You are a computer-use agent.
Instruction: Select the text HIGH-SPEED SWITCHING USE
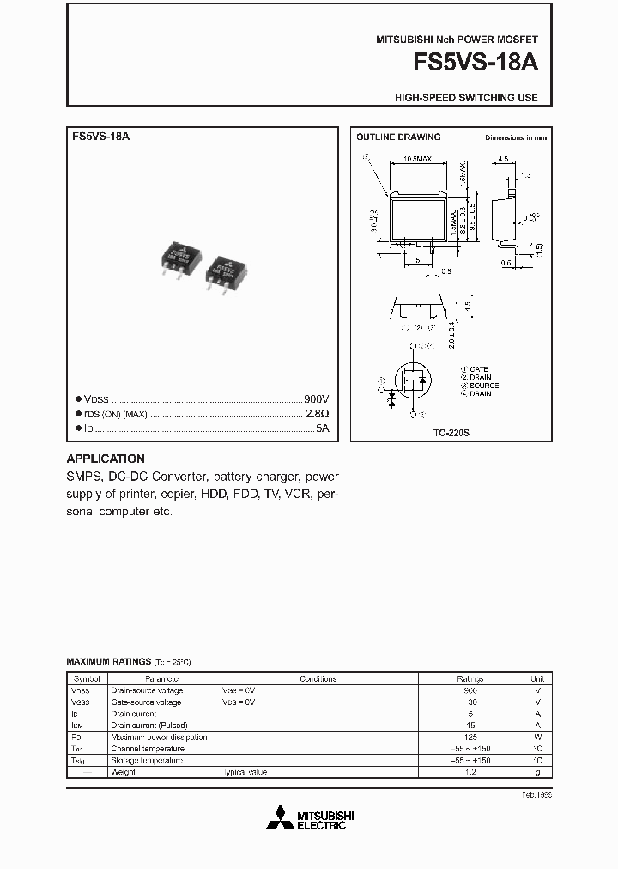[466, 98]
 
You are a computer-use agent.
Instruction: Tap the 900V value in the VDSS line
[317, 399]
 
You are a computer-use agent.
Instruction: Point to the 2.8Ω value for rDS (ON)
[318, 413]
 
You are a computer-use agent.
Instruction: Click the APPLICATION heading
[106, 459]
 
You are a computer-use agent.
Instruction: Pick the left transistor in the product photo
[182, 259]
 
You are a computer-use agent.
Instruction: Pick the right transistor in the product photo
[227, 272]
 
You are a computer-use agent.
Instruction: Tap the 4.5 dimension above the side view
[503, 159]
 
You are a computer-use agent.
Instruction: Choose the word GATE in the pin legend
[480, 369]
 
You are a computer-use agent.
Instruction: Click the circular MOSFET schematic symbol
[414, 380]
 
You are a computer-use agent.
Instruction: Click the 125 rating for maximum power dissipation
[470, 737]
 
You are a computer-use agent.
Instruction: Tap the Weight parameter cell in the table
[124, 772]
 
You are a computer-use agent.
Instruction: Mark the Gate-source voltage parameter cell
[146, 702]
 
